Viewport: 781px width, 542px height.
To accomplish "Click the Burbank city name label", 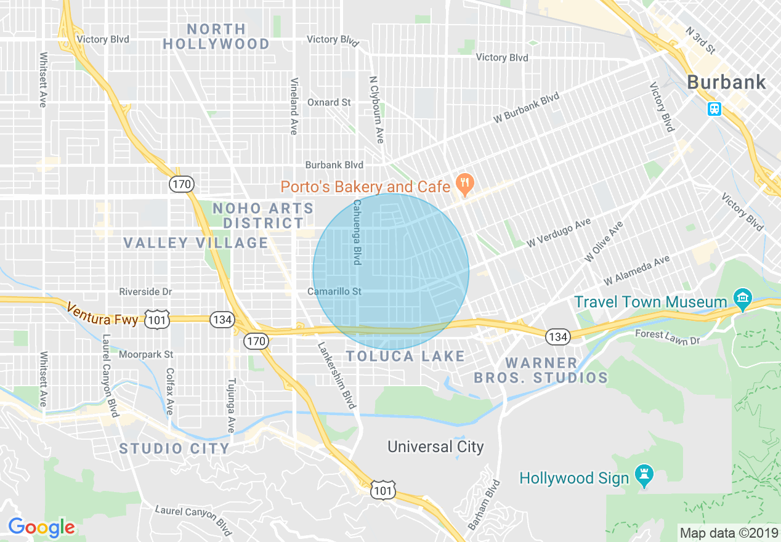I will click(727, 82).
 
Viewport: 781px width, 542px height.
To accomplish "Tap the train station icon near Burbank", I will click(714, 109).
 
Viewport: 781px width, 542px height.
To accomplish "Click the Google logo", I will click(41, 527).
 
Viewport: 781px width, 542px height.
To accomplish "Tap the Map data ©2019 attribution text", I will click(728, 532).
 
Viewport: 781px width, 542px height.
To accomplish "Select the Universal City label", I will click(435, 447).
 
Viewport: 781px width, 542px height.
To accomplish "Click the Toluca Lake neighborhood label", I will click(405, 356).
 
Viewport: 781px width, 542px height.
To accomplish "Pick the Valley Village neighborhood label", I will click(196, 243).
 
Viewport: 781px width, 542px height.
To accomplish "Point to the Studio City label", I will click(174, 448).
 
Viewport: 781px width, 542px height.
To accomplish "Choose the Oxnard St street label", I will click(329, 102).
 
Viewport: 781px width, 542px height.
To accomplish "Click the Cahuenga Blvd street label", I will click(357, 232).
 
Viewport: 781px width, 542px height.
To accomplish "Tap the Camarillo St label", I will click(334, 291).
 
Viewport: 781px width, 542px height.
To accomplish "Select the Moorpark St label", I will click(147, 354).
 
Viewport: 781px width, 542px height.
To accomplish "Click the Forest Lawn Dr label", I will click(668, 337).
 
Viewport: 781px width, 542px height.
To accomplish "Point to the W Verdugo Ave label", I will click(559, 233).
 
